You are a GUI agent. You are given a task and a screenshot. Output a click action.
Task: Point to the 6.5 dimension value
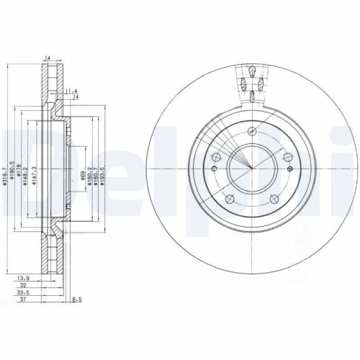pyautogui.click(x=77, y=301)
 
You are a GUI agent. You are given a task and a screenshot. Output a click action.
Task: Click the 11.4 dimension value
pyautogui.click(x=70, y=91)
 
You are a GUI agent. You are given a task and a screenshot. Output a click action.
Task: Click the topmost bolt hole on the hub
pyautogui.click(x=251, y=132)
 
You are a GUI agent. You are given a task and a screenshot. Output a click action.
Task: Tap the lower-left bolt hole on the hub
pyautogui.click(x=229, y=199)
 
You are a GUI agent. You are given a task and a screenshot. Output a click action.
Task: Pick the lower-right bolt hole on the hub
pyautogui.click(x=273, y=199)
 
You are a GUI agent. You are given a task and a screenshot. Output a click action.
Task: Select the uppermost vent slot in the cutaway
pyautogui.click(x=253, y=70)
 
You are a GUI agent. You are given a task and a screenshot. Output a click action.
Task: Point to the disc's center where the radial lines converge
pyautogui.click(x=251, y=168)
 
